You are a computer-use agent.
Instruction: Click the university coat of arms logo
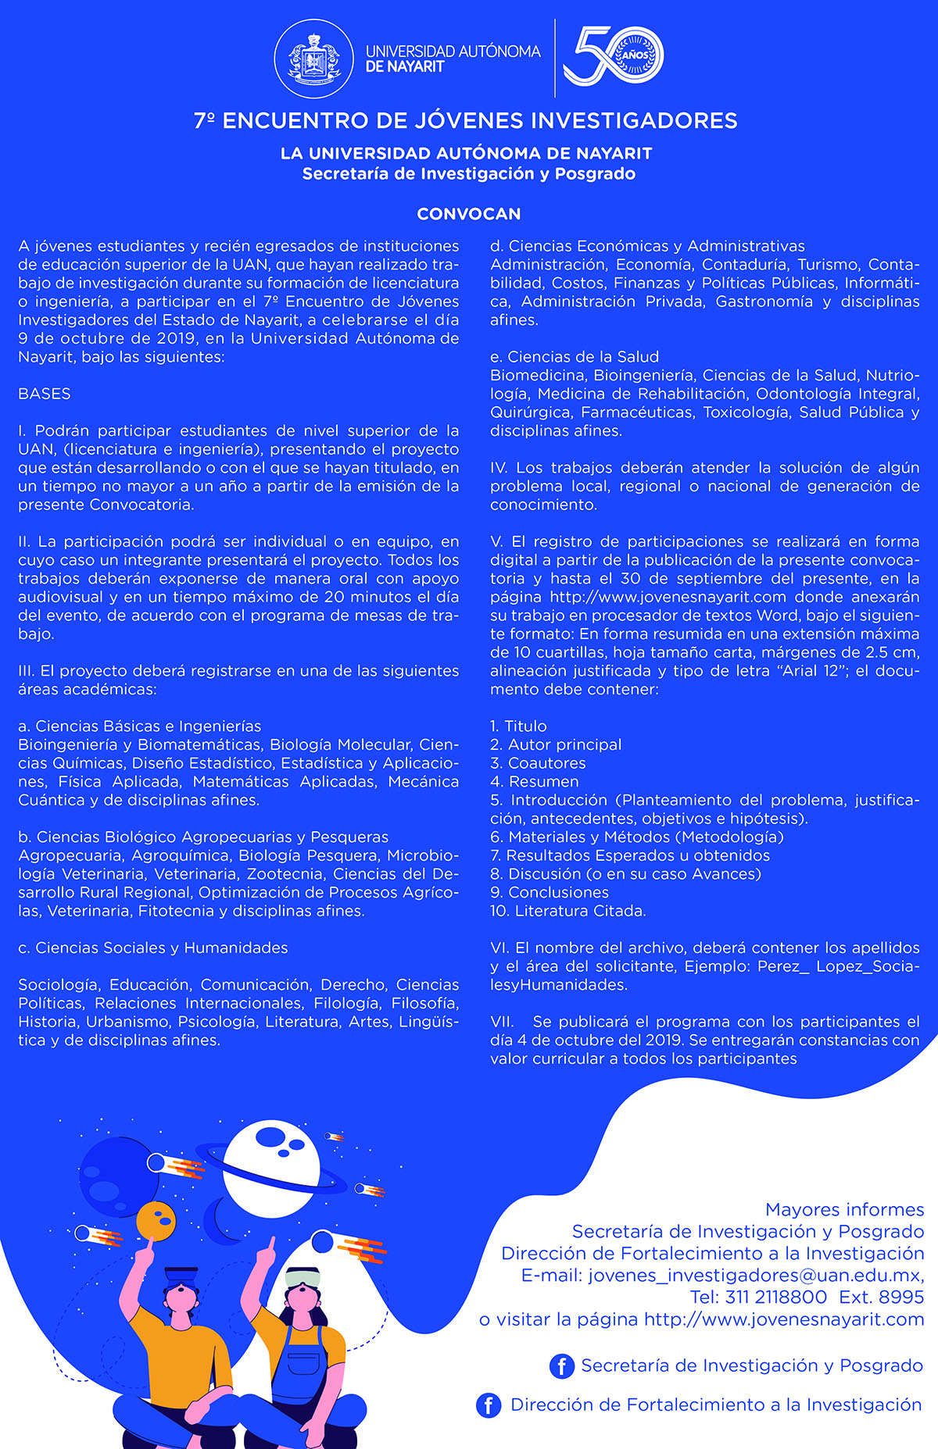[x=314, y=59]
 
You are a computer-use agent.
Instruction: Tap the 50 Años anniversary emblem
[x=614, y=55]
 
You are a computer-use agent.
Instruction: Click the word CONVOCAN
[x=469, y=214]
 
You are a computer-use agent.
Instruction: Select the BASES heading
[x=45, y=394]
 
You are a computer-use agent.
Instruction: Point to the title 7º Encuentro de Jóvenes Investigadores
[x=466, y=120]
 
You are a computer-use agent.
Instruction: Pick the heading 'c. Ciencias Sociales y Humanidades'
[x=153, y=948]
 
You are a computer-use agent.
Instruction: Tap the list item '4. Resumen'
[x=535, y=781]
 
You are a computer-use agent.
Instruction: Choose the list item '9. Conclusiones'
[x=550, y=892]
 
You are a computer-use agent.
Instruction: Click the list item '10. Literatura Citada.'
[x=568, y=911]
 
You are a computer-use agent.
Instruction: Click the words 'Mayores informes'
[x=844, y=1210]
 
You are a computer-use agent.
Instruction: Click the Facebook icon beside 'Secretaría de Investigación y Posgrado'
[x=562, y=1365]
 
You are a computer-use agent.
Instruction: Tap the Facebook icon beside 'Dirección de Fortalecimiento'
[x=489, y=1405]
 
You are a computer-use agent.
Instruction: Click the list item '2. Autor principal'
[x=556, y=744]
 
